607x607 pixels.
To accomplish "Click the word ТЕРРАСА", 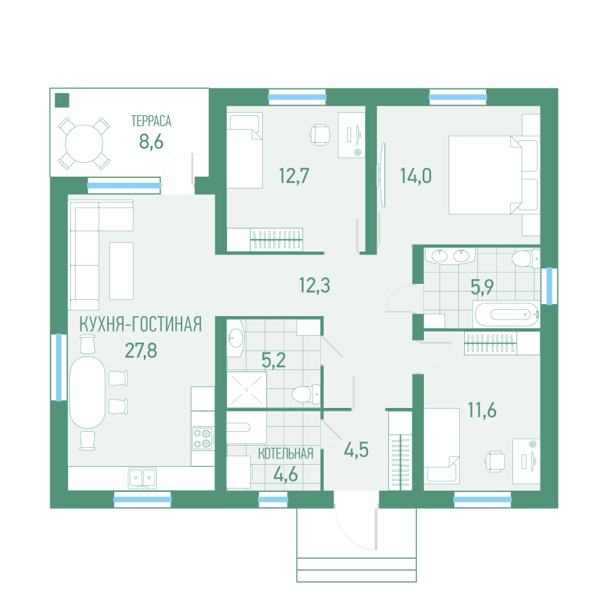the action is point(151,121).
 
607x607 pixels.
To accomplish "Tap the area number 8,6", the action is point(151,142).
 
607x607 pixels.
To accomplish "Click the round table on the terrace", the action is point(84,144).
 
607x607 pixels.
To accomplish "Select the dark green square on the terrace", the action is point(62,100).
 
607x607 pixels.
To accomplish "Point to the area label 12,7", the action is point(294,176).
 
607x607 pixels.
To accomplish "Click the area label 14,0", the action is point(416,176).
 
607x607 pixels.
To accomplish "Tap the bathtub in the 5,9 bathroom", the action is point(506,314).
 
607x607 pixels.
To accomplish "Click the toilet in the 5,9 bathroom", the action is point(526,259).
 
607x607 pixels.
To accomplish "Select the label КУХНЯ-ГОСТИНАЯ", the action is point(140,325).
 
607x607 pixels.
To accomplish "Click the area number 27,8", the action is point(141,350).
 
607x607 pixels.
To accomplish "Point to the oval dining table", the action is point(88,392).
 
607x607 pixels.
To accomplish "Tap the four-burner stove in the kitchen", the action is point(203,438).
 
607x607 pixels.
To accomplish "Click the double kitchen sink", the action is point(142,478).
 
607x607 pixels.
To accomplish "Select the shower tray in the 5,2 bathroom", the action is point(247,389).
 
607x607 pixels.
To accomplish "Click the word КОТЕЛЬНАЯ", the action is point(286,453).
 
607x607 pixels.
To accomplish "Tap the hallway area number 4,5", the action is point(356,450).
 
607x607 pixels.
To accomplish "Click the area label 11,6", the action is point(482,410).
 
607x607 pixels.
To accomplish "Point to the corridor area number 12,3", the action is point(314,285).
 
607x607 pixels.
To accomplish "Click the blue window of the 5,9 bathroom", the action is point(549,286).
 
